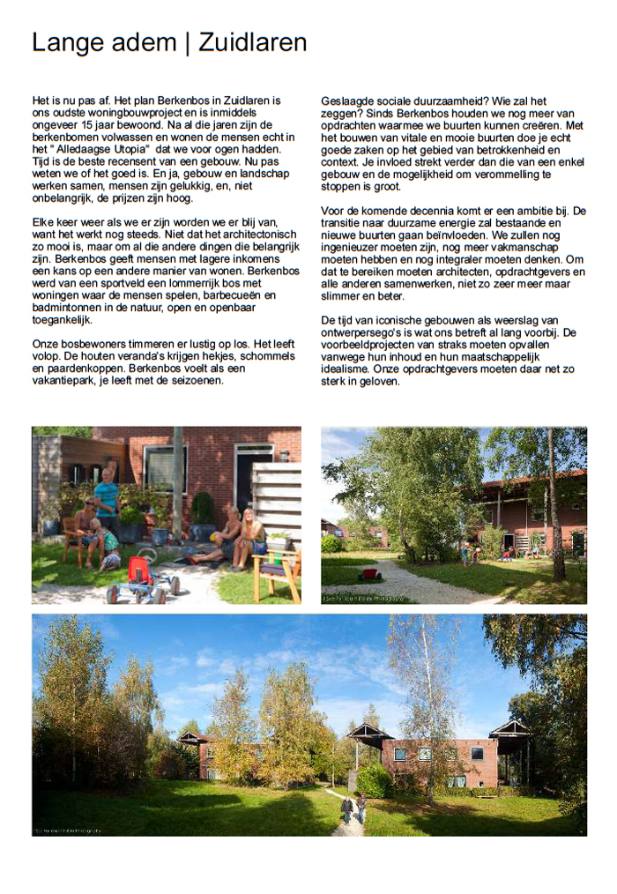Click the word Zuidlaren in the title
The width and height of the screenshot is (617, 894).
[252, 42]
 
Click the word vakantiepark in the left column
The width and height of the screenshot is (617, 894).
[70, 381]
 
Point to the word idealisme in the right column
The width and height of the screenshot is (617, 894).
[349, 369]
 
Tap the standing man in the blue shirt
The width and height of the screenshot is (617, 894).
[107, 498]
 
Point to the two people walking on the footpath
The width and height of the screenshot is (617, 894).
[353, 806]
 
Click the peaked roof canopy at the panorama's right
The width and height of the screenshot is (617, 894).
[511, 728]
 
